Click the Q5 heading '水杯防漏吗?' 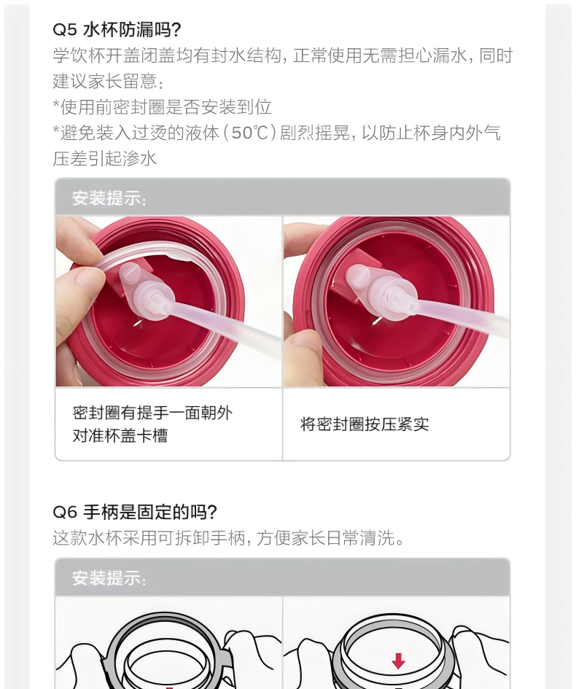click(132, 30)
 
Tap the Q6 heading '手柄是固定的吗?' click(150, 512)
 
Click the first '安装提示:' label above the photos click(109, 198)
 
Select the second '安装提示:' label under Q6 click(109, 578)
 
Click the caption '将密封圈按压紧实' click(365, 424)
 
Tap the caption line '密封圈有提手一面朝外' click(152, 413)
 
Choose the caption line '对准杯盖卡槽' click(120, 436)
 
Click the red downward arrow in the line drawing click(398, 661)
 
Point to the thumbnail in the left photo click(86, 278)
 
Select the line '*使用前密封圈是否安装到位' click(162, 106)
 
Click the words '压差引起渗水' click(104, 159)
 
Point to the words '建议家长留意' click(105, 81)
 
